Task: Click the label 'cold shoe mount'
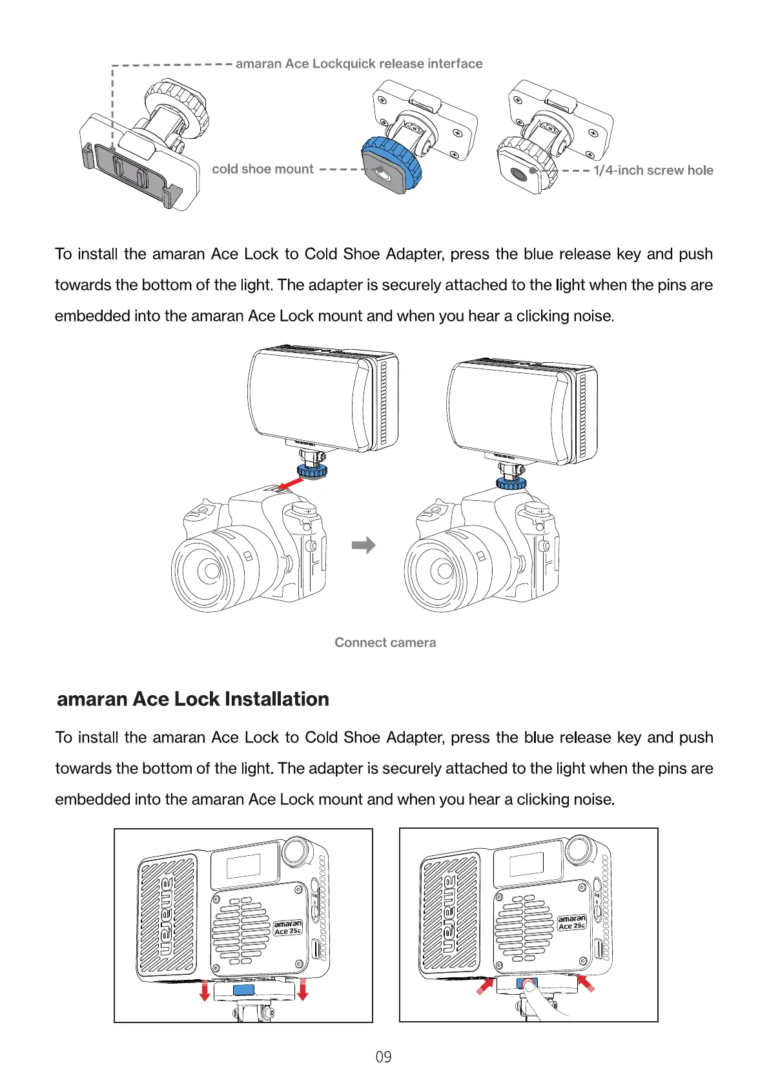pos(262,169)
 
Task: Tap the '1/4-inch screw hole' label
pos(653,170)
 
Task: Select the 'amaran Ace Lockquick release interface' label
pos(359,64)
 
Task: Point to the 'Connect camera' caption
pos(385,642)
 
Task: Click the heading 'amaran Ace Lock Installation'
pos(193,699)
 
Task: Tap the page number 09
pos(384,1057)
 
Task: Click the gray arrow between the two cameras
pos(364,545)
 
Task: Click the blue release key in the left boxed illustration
pos(243,990)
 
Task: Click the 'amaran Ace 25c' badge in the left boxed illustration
pos(287,928)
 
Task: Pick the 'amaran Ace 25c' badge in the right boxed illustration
pos(571,922)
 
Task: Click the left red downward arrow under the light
pos(205,991)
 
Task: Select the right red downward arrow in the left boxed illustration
pos(302,990)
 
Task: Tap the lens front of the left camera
pos(210,570)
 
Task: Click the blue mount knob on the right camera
pos(511,483)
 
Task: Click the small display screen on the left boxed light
pos(243,866)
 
